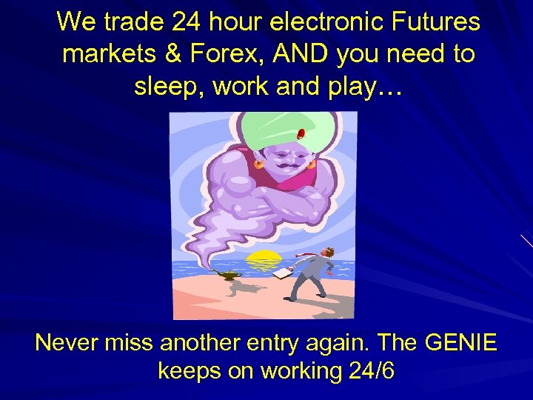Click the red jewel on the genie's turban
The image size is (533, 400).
tap(301, 134)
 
